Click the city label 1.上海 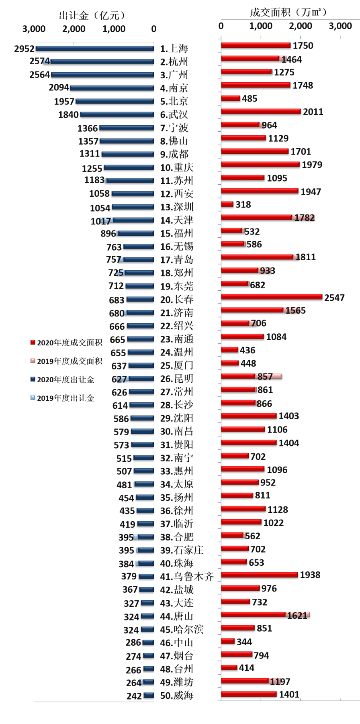(174, 49)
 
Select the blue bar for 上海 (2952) (94, 49)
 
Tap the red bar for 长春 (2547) (272, 298)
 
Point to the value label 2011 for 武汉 (313, 112)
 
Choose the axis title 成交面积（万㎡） (288, 12)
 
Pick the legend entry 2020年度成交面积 (66, 343)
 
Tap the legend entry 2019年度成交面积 (66, 361)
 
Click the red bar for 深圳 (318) (227, 205)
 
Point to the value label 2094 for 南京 (59, 88)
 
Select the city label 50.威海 (177, 695)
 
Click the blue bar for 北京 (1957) (115, 102)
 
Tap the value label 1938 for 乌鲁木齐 (310, 575)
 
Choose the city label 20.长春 (177, 300)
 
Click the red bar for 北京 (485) (231, 99)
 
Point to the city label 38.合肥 (177, 537)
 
